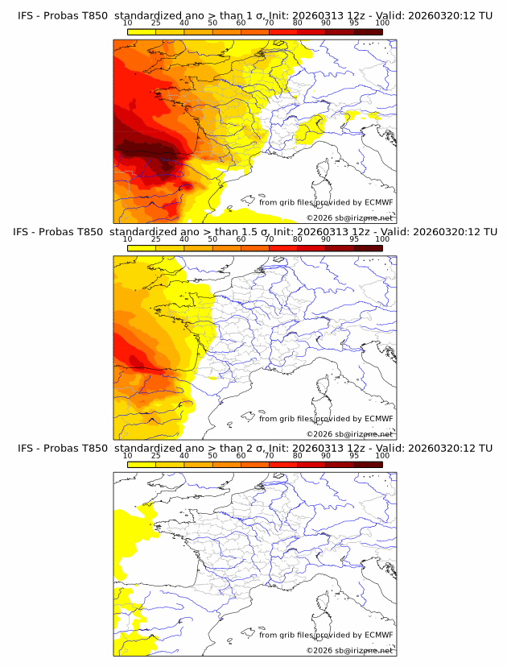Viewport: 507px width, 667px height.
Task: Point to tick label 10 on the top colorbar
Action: point(128,23)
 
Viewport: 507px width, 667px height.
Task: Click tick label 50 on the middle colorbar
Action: point(212,239)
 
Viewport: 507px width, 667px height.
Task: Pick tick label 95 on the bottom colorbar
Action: point(354,455)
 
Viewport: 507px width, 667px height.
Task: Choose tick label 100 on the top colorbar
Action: point(381,23)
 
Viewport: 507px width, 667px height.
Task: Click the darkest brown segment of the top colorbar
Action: point(368,31)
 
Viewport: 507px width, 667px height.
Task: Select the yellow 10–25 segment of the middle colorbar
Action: point(142,247)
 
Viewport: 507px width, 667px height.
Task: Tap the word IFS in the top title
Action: point(27,15)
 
